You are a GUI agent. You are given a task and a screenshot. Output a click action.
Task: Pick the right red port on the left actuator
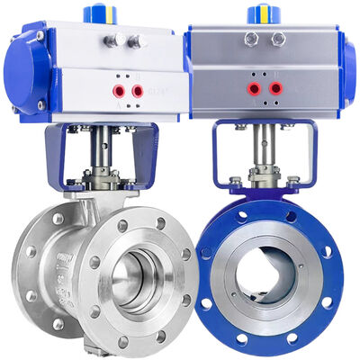coord(137,90)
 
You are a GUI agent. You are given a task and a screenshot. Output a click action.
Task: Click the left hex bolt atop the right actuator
coord(252,38)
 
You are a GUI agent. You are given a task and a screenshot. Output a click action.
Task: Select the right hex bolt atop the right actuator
coord(278,38)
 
